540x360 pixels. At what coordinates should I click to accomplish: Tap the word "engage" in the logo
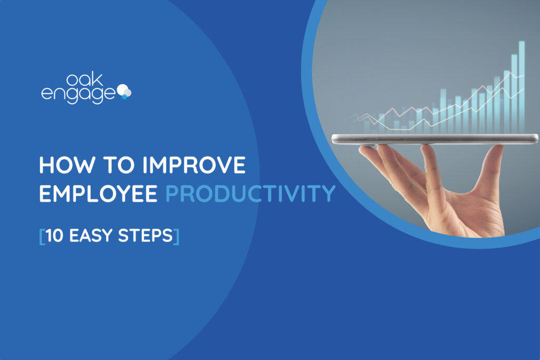(78, 94)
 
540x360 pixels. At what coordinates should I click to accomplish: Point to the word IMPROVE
(194, 165)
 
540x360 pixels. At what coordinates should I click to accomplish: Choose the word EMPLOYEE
(99, 193)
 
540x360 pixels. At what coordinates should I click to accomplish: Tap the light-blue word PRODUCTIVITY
(250, 193)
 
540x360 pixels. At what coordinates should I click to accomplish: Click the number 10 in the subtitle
(54, 236)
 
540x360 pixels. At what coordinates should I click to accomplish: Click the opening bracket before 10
(42, 236)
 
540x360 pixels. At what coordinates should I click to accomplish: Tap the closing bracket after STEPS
(176, 236)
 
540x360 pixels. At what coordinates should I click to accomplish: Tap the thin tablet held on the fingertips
(435, 139)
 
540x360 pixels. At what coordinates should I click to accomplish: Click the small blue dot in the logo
(124, 97)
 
